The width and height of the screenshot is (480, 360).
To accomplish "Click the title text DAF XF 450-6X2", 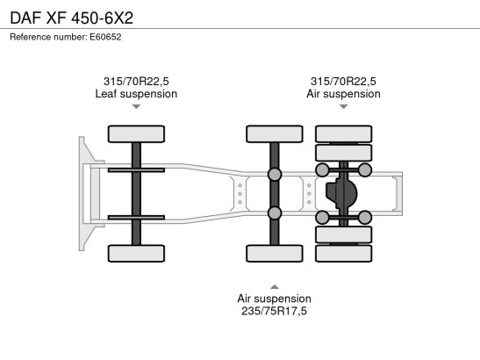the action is tap(72, 18).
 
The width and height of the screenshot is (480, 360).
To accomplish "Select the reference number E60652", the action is tap(105, 37).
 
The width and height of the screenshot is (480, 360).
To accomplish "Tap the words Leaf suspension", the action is tap(136, 94).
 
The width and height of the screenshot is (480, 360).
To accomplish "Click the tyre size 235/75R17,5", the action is tap(274, 311).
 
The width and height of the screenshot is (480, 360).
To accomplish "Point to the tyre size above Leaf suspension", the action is tap(136, 81).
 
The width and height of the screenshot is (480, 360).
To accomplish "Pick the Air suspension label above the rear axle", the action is tap(343, 94).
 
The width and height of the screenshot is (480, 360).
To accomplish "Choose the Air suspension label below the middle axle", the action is tap(275, 299).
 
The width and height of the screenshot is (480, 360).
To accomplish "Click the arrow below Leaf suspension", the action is tap(136, 106).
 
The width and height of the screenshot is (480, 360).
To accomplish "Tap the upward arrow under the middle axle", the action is tap(275, 287).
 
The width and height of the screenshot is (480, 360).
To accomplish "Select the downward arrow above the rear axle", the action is tap(344, 106).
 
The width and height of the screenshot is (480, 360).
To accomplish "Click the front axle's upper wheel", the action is tap(136, 133).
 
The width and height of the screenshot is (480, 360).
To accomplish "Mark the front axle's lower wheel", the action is tap(136, 254).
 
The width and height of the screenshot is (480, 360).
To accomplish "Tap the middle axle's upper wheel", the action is tap(275, 133).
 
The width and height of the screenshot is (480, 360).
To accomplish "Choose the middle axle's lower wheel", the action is tap(275, 254).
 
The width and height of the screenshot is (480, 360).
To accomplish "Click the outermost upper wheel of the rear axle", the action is tap(344, 133).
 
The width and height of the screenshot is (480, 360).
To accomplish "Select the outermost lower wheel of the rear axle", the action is tap(344, 254).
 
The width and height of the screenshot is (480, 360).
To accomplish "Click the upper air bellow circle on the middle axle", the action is tap(275, 174).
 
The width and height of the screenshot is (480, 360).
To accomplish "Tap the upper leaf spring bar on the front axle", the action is tap(136, 170).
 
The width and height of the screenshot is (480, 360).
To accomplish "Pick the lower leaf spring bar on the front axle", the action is tap(136, 218).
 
